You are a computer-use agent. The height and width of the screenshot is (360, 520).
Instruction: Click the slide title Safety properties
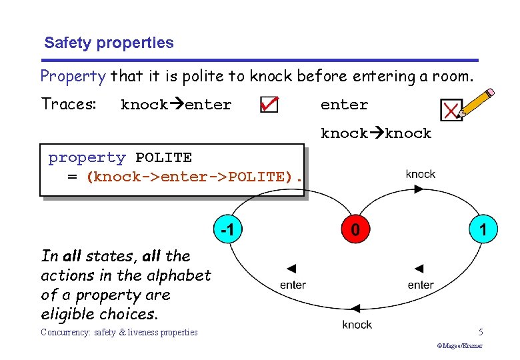click(x=109, y=43)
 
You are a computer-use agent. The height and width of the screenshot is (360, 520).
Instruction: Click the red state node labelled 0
click(x=355, y=230)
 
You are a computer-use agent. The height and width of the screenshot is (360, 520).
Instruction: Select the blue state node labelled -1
click(x=227, y=230)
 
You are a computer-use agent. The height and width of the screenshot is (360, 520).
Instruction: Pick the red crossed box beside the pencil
click(x=451, y=110)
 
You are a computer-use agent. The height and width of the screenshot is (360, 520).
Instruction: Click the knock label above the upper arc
click(x=420, y=174)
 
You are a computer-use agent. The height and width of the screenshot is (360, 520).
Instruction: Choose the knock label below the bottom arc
click(x=357, y=325)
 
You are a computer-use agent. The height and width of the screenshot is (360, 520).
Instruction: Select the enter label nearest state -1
click(x=293, y=285)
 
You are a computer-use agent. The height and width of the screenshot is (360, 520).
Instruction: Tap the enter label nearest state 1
click(x=421, y=285)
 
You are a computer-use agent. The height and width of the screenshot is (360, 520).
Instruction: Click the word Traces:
click(x=69, y=104)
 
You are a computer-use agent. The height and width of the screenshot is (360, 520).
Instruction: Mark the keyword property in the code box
click(x=87, y=158)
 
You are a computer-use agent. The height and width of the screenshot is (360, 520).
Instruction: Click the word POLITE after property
click(x=163, y=158)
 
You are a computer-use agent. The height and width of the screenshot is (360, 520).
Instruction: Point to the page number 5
click(x=481, y=332)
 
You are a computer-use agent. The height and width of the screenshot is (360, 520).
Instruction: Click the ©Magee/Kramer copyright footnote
click(x=459, y=346)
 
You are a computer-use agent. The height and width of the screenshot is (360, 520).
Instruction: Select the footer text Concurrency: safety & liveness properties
click(x=119, y=332)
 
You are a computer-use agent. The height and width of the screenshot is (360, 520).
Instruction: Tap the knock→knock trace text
click(x=376, y=133)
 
